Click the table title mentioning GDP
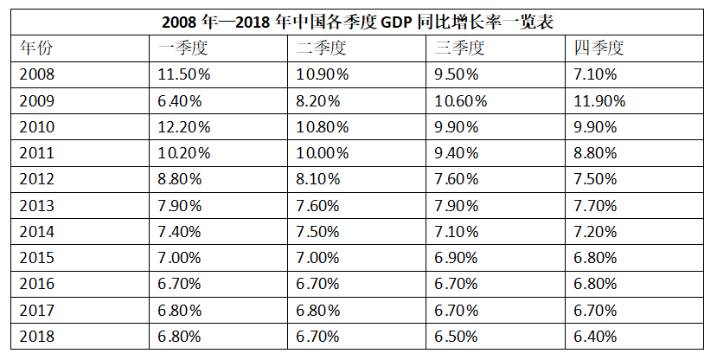(358, 22)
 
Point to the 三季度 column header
(459, 48)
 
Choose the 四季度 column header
(599, 48)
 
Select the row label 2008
(37, 74)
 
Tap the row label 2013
(37, 206)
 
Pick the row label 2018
(37, 337)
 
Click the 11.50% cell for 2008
(183, 74)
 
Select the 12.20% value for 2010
(183, 127)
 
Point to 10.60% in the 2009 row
(461, 100)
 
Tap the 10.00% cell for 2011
(323, 153)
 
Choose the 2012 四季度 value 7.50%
(595, 180)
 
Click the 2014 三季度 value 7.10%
(457, 232)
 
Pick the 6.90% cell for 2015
(457, 258)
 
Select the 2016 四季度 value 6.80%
(595, 285)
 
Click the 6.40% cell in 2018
(595, 337)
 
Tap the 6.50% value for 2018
(457, 337)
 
